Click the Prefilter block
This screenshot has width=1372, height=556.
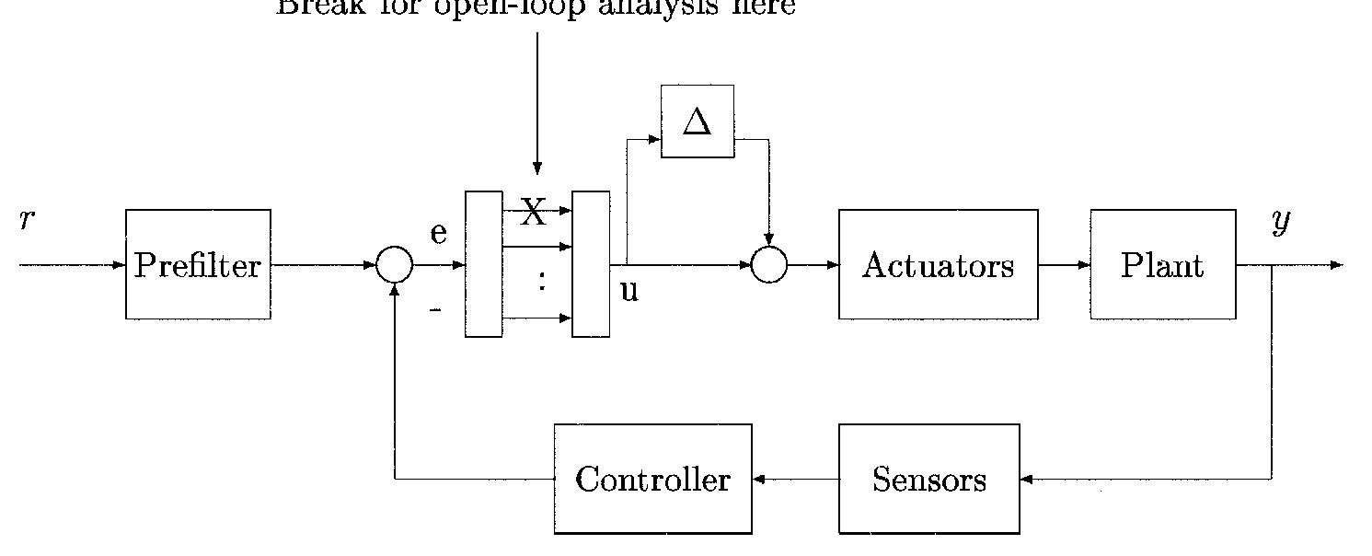click(x=198, y=265)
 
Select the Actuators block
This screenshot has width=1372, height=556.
click(x=938, y=265)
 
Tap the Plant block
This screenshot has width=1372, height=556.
click(x=1162, y=265)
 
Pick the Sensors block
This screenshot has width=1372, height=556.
click(x=928, y=479)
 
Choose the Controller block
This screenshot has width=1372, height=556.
click(x=652, y=479)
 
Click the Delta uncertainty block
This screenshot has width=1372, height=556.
click(x=698, y=122)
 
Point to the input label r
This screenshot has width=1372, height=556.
click(x=27, y=219)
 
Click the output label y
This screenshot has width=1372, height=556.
click(x=1281, y=221)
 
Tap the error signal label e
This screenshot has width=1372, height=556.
click(x=439, y=233)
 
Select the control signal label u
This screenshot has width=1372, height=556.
click(x=629, y=291)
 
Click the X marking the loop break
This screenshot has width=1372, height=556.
click(x=533, y=214)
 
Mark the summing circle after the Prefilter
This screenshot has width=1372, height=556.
click(x=395, y=265)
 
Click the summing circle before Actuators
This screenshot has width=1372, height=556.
click(x=769, y=265)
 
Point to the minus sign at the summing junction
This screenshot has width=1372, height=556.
click(x=435, y=311)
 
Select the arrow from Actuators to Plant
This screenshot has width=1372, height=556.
click(x=1065, y=265)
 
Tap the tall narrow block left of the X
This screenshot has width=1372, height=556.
click(x=484, y=264)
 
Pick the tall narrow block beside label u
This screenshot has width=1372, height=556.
click(x=591, y=264)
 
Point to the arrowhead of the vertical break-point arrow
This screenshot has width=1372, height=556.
click(x=537, y=168)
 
